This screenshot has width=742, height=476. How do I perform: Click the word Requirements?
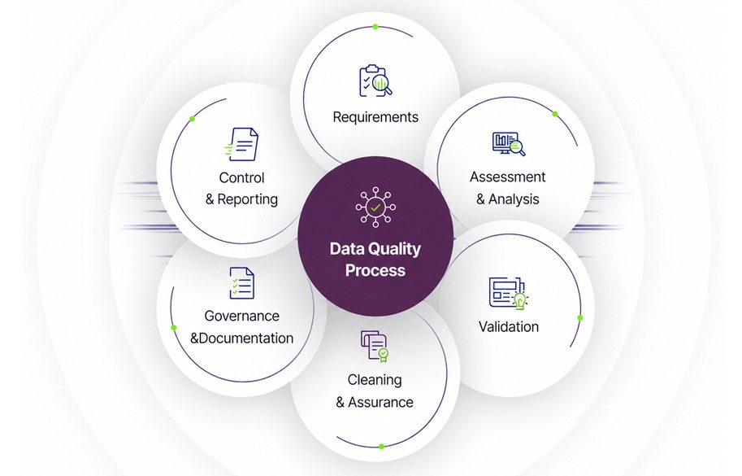pyautogui.click(x=375, y=117)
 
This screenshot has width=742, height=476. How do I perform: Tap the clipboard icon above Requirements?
pyautogui.click(x=375, y=81)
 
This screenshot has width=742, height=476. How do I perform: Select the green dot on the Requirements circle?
pyautogui.click(x=375, y=27)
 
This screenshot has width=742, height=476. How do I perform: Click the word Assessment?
pyautogui.click(x=507, y=177)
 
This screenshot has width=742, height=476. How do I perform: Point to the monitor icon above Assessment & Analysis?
pyautogui.click(x=509, y=144)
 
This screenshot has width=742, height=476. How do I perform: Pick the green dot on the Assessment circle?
pyautogui.click(x=555, y=114)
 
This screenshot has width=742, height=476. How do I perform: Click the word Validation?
pyautogui.click(x=508, y=326)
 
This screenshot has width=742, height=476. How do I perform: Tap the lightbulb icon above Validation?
pyautogui.click(x=520, y=301)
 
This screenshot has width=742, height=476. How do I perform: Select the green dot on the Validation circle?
pyautogui.click(x=580, y=317)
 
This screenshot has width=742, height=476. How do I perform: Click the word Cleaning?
pyautogui.click(x=375, y=379)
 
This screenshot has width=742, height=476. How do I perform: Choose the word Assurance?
pyautogui.click(x=380, y=402)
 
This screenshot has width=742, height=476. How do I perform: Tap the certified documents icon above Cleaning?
pyautogui.click(x=375, y=347)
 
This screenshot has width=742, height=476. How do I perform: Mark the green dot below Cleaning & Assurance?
pyautogui.click(x=381, y=446)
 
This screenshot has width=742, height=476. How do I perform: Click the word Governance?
pyautogui.click(x=241, y=316)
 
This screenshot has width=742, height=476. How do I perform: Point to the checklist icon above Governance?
pyautogui.click(x=241, y=283)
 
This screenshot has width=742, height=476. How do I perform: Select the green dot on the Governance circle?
pyautogui.click(x=174, y=328)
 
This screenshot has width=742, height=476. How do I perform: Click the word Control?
pyautogui.click(x=241, y=177)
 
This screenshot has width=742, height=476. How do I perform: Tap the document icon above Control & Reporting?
pyautogui.click(x=242, y=145)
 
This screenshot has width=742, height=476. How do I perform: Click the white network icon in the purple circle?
pyautogui.click(x=375, y=207)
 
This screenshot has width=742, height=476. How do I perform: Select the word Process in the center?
pyautogui.click(x=375, y=270)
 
